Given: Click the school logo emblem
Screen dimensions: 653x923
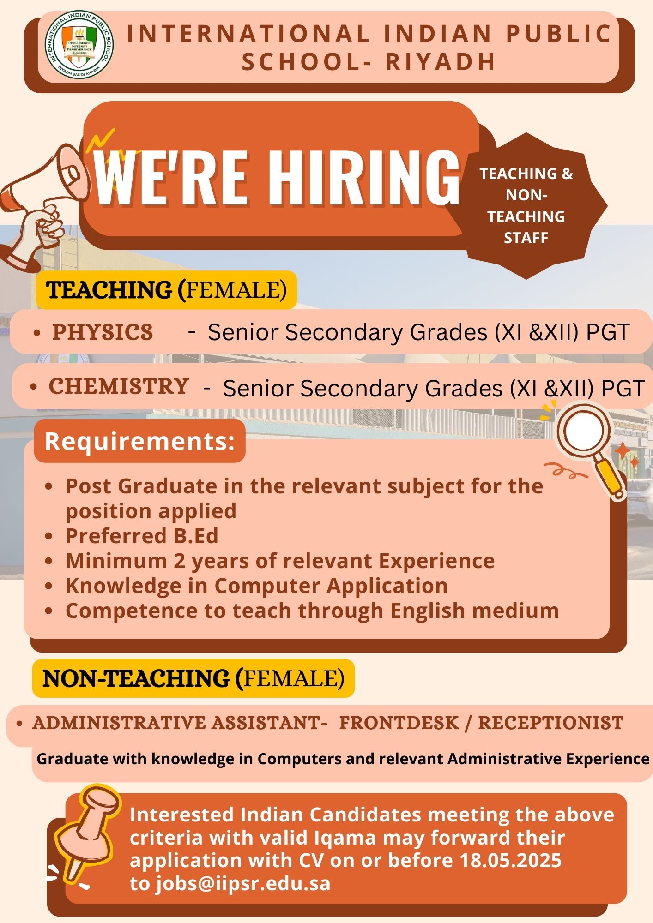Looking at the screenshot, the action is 79,45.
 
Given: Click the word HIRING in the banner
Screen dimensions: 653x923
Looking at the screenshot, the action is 363,178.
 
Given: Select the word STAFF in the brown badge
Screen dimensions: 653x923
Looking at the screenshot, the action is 526,238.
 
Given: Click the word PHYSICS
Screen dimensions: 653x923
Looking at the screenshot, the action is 103,332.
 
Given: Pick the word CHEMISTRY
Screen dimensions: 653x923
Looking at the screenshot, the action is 119,386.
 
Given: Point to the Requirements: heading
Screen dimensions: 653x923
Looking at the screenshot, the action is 140,441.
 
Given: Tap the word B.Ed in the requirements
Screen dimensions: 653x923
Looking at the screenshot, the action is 196,536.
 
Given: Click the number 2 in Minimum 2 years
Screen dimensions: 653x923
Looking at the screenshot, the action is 179,561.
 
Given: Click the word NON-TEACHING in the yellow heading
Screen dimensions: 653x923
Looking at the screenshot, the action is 136,679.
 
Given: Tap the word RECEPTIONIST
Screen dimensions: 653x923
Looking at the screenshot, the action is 550,723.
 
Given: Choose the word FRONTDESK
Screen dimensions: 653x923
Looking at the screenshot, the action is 399,723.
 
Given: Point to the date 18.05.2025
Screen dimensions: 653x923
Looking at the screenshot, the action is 510,860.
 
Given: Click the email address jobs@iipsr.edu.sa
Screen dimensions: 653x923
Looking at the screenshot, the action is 243,884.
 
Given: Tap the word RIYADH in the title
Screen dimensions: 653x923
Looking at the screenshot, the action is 441,62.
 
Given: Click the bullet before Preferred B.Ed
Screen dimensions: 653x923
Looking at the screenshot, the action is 49,536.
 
